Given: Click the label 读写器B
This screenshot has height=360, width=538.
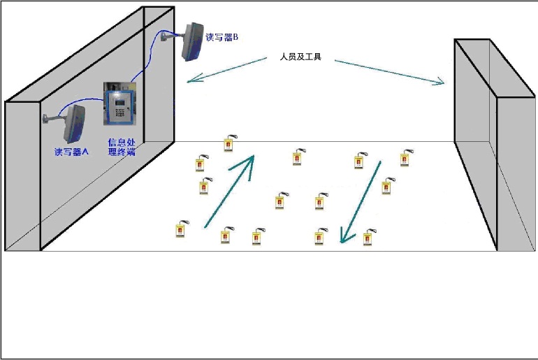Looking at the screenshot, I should point(222,37).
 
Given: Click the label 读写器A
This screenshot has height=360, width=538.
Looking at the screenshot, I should point(71,152).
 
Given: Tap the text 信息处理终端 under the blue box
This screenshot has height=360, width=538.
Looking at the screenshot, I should point(121,147).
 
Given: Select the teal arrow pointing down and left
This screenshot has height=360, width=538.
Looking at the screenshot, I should point(360,202).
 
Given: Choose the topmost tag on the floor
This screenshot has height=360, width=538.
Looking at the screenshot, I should point(228,143).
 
